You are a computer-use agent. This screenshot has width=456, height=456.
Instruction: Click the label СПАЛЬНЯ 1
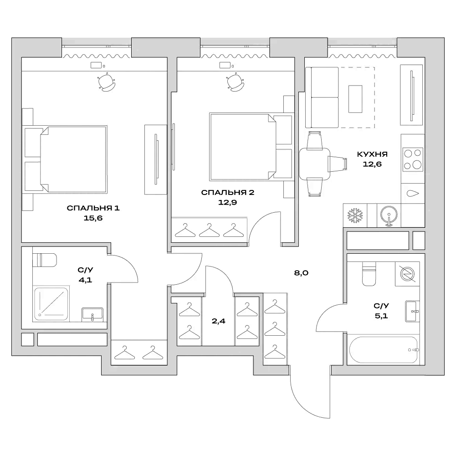(93, 209)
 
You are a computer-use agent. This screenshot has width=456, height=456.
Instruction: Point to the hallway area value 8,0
(302, 273)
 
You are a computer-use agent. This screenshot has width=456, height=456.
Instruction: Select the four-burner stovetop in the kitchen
(412, 159)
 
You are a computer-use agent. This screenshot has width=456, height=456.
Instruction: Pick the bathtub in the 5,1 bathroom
(384, 350)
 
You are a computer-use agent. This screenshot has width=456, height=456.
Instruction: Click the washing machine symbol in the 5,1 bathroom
(407, 273)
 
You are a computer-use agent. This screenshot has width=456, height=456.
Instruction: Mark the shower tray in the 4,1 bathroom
(51, 302)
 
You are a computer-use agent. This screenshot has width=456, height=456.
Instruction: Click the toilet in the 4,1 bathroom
(46, 260)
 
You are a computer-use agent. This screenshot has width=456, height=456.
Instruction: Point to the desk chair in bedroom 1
(106, 83)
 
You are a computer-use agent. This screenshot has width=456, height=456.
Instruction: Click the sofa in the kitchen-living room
(322, 97)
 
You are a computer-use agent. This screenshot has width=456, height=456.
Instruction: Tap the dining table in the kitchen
(315, 164)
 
